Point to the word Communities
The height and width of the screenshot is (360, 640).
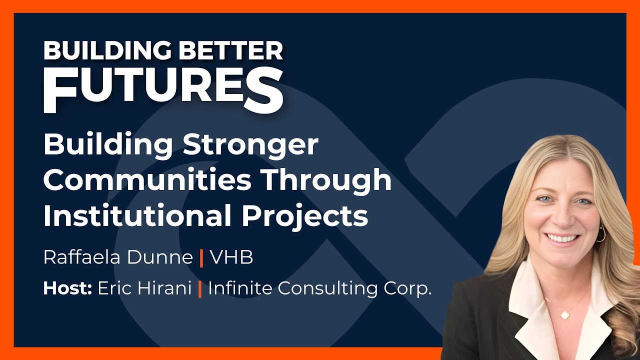point(147,181)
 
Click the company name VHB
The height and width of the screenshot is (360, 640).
point(231,257)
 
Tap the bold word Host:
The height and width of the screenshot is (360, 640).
point(67,288)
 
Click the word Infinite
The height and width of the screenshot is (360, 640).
point(240,288)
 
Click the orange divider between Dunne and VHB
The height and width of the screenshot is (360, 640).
point(201,258)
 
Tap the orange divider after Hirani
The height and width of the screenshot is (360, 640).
point(200,289)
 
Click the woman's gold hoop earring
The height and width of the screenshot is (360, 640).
point(600,233)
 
